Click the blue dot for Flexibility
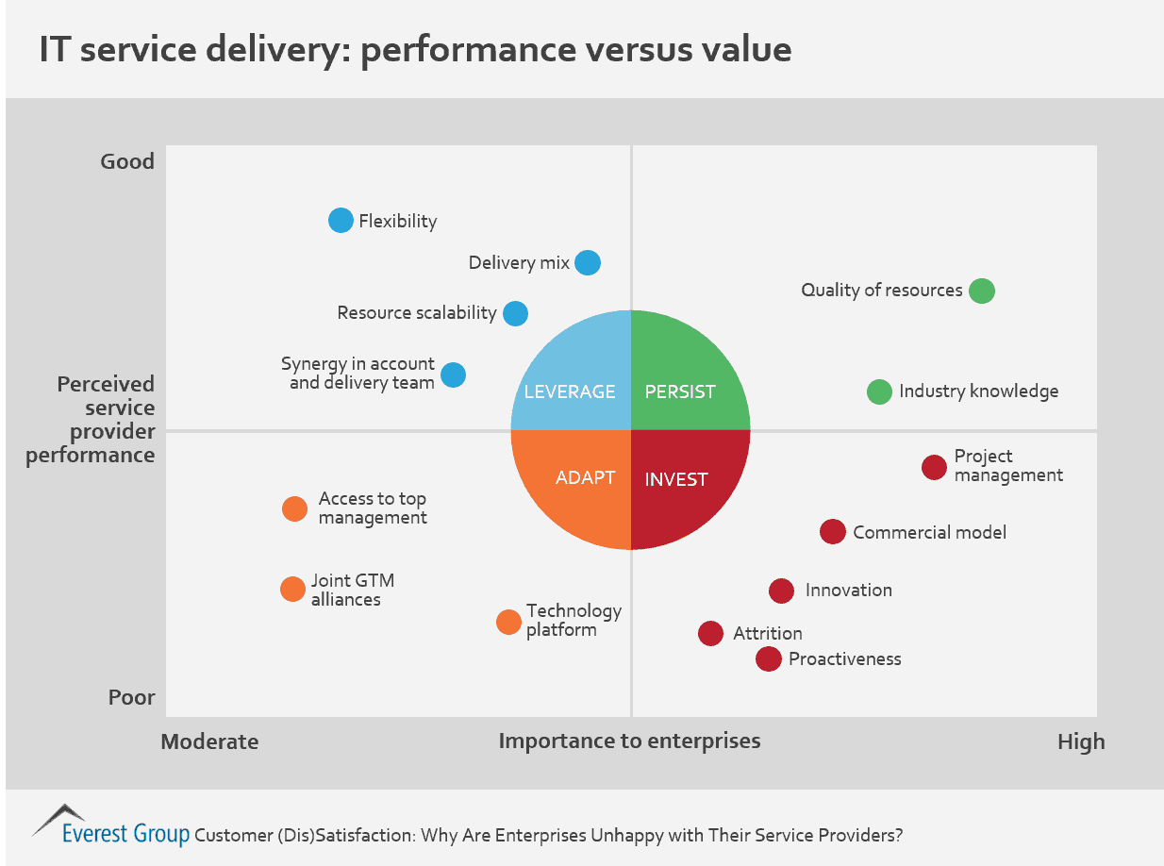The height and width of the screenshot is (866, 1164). [341, 221]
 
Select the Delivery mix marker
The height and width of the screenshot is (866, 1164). [588, 262]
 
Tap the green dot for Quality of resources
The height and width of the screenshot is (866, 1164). [982, 291]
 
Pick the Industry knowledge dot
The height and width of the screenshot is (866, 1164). [879, 391]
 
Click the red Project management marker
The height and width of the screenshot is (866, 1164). [934, 467]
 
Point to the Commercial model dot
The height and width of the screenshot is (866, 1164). [832, 532]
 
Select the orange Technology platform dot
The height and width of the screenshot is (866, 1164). [508, 623]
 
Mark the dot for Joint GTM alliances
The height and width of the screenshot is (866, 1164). [293, 590]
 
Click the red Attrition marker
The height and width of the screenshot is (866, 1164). [710, 634]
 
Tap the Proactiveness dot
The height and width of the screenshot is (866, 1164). [769, 659]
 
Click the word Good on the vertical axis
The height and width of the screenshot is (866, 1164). [127, 161]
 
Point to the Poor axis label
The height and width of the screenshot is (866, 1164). [132, 698]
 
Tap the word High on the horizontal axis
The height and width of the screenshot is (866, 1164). [1081, 741]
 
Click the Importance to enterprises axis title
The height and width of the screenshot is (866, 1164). [629, 741]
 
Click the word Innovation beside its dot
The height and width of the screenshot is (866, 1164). [848, 591]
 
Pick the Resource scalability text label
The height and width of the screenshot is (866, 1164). [417, 312]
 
